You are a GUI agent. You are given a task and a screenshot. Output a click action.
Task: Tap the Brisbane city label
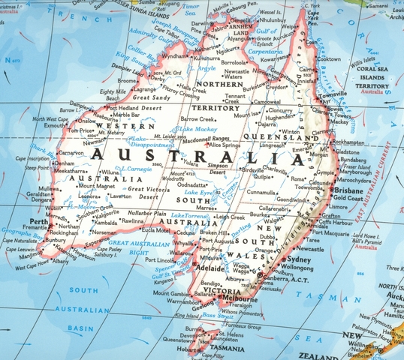coord(350,191)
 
